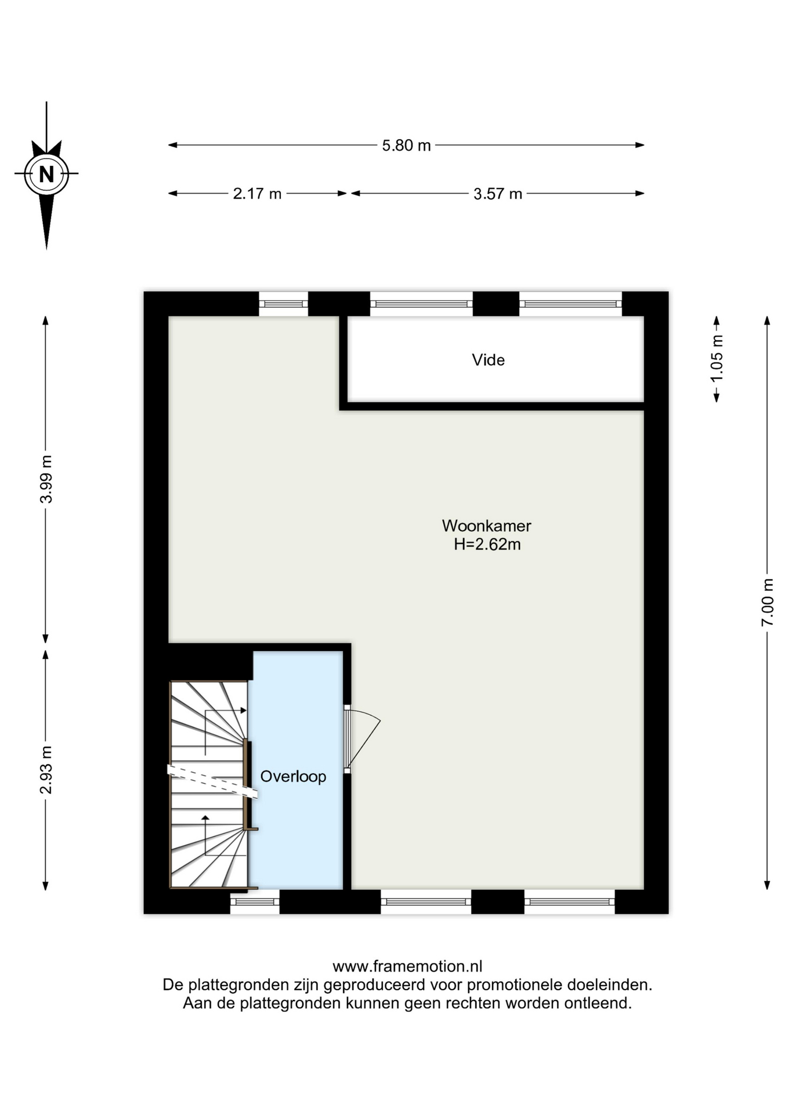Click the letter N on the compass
pos(46,174)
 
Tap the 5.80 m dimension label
pos(406,146)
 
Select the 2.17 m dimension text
pos(257,194)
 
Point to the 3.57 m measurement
pos(498,194)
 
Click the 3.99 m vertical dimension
pos(46,479)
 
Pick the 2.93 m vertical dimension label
pos(46,770)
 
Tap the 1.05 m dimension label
pos(717,359)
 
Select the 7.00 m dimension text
pos(767,602)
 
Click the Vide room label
pos(488,360)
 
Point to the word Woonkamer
pos(486,526)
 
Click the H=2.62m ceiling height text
pos(487,544)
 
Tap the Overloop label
pos(293,776)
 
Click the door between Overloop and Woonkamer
pos(361,740)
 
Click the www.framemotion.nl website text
pos(407,966)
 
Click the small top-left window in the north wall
pos(283,304)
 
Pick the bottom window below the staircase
pos(255,902)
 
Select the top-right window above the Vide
pos(570,304)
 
